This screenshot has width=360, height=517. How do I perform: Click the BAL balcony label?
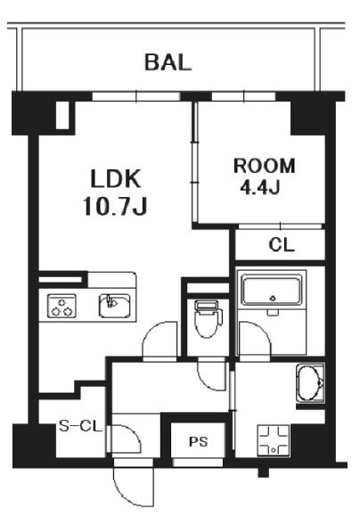pos(168,62)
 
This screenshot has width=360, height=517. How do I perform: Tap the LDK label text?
pos(115,178)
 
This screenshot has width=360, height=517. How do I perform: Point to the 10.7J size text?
pos(115,206)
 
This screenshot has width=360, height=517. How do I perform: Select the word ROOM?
pos(264,166)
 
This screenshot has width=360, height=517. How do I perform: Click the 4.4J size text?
pos(260,187)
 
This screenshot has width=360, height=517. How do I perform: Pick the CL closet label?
pos(282,244)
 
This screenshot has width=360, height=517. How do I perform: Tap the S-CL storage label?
pos(80,426)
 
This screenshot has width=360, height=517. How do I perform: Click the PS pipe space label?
pos(199,441)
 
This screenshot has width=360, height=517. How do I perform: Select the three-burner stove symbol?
pos(61,306)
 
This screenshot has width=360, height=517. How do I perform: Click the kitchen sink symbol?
pos(114,306)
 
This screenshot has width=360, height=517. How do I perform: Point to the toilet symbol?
pos(208,319)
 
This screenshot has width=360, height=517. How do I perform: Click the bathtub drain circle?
pos(273,299)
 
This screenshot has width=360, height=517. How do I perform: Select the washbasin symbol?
pos(310,382)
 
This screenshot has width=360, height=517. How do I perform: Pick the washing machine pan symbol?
pos(274,440)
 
